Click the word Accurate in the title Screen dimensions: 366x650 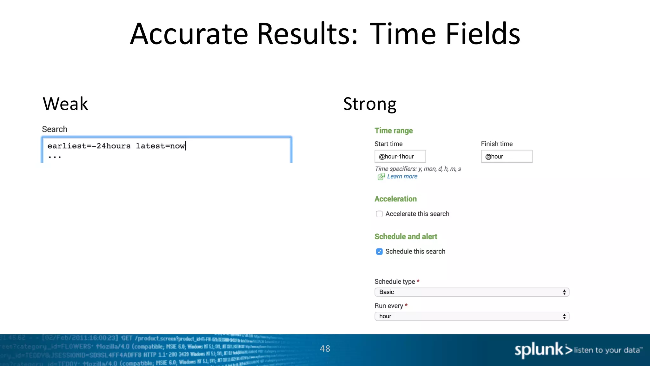(189, 34)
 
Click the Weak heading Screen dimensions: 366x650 (65, 104)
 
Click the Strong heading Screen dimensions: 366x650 (370, 104)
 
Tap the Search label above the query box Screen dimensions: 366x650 (55, 129)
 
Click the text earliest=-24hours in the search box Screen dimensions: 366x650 (89, 146)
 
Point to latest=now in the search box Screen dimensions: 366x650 (160, 146)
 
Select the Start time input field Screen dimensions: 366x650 (400, 156)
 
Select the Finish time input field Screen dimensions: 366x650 (506, 156)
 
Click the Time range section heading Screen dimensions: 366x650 (394, 131)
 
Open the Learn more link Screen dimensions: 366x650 (402, 176)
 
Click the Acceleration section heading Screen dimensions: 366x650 (395, 199)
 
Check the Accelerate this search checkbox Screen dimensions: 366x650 (379, 214)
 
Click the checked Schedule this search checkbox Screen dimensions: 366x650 (379, 252)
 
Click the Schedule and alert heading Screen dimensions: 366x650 (406, 237)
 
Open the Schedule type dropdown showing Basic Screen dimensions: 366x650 (472, 292)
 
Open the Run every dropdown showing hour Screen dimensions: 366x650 (472, 316)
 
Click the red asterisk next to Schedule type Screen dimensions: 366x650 (418, 281)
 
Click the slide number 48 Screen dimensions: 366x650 (325, 349)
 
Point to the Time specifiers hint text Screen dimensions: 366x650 (418, 169)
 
